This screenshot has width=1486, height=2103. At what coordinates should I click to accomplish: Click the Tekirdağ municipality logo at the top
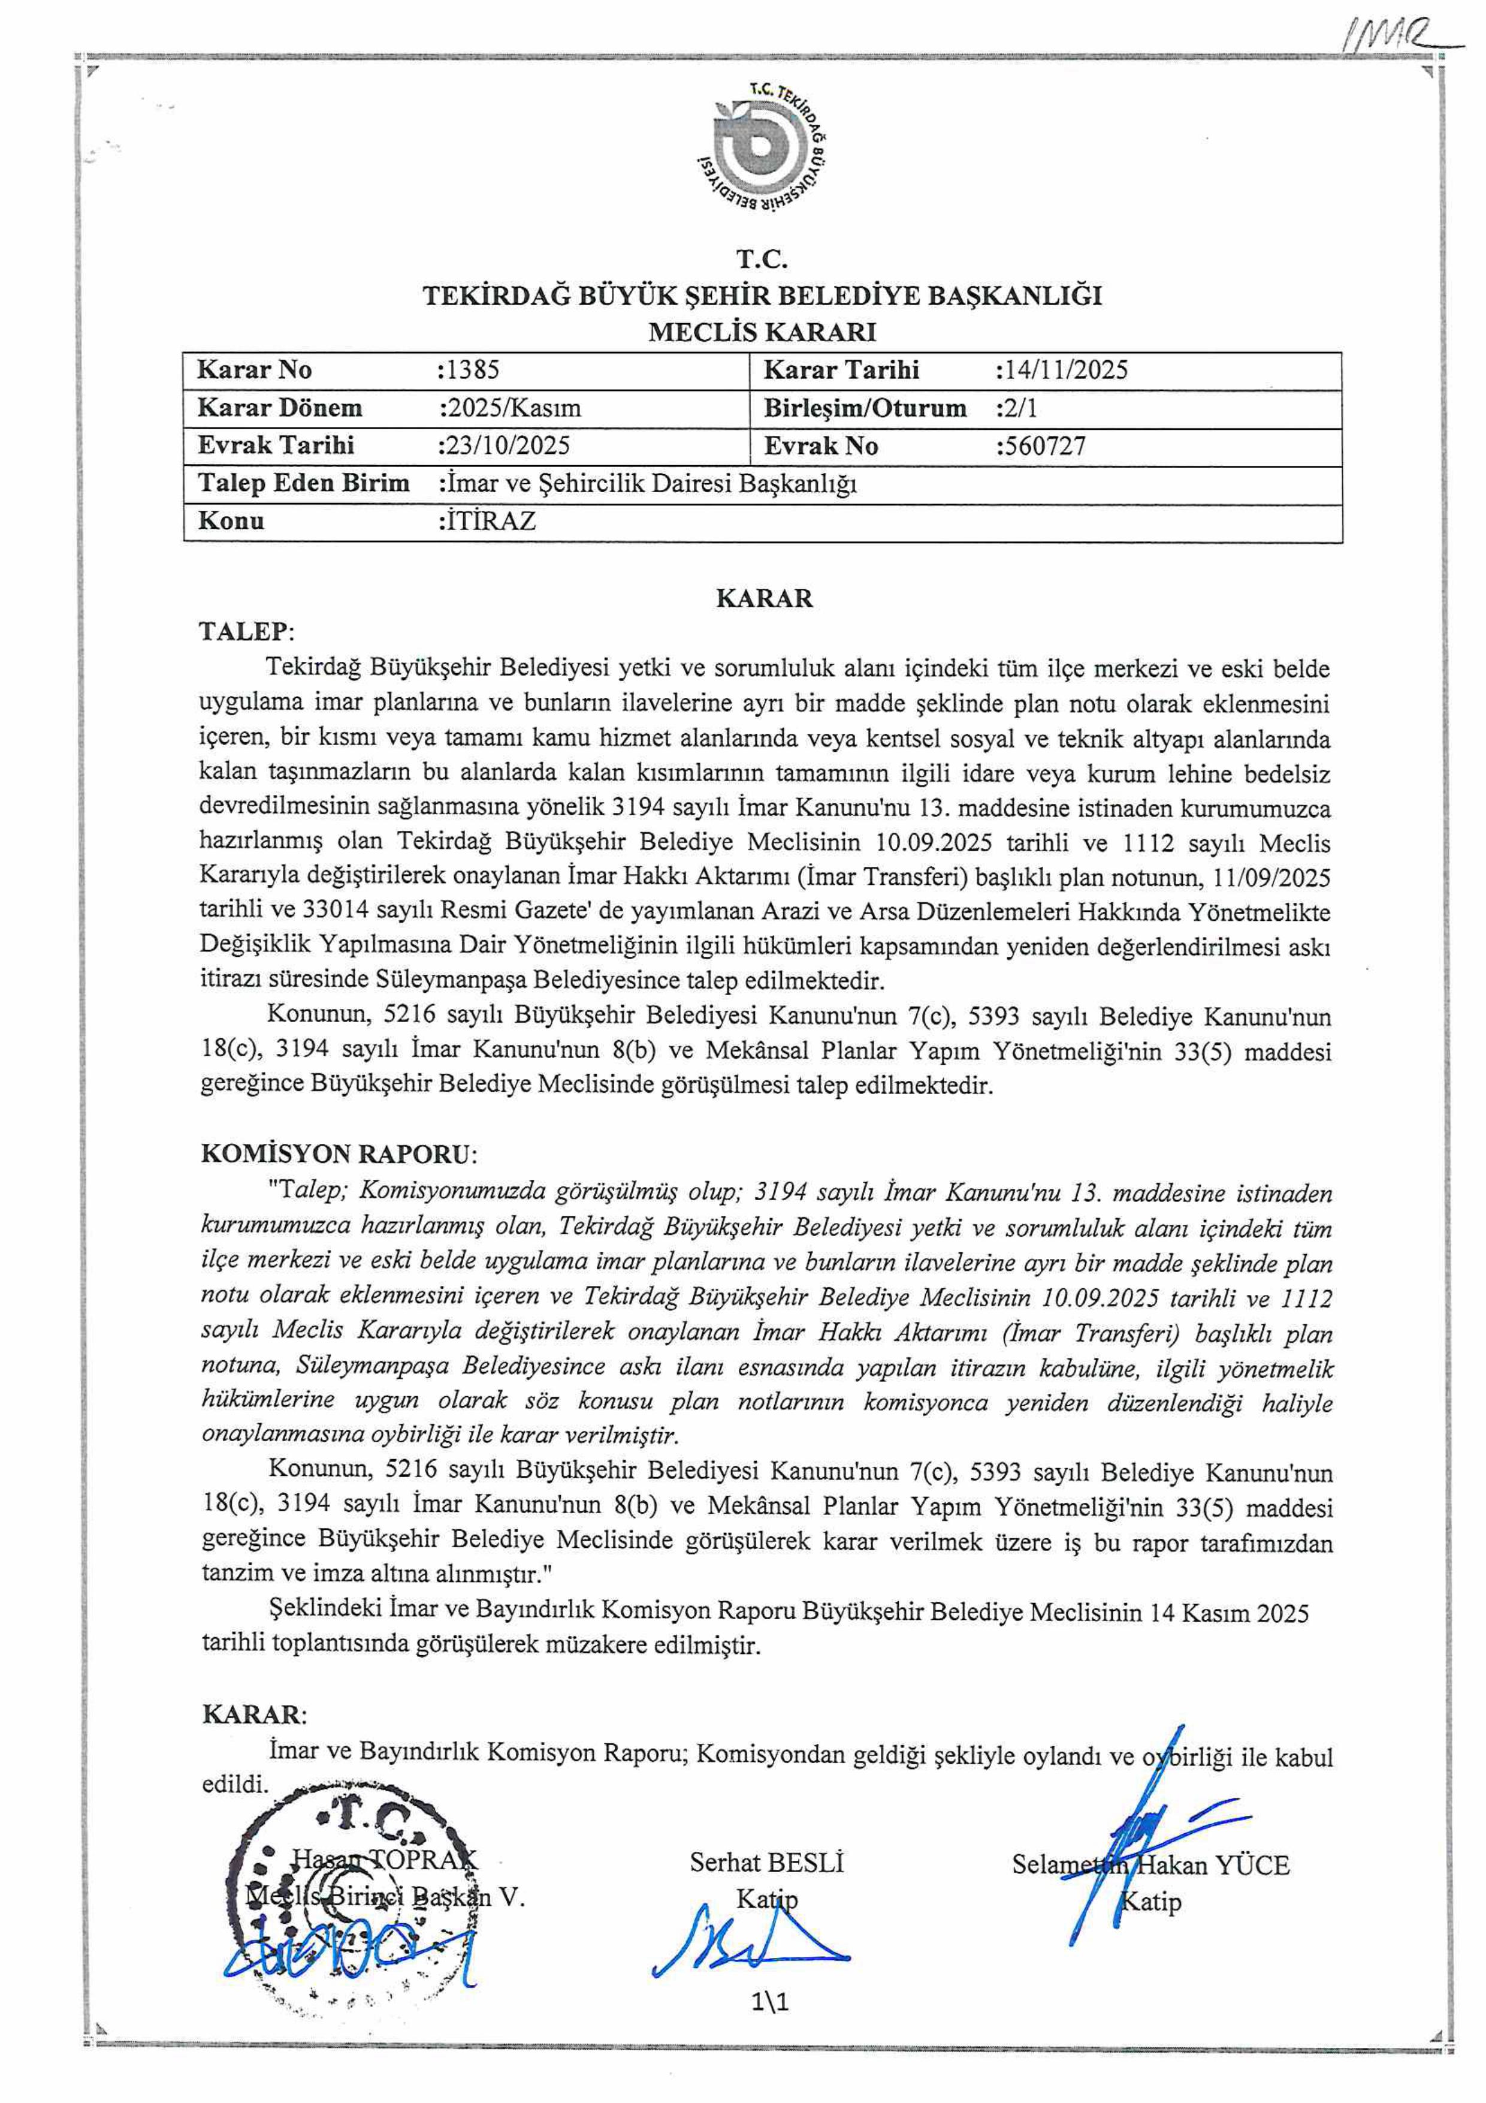[763, 151]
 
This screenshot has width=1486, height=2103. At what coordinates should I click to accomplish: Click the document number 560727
[1043, 446]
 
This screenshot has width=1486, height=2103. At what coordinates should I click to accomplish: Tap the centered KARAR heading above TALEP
[763, 598]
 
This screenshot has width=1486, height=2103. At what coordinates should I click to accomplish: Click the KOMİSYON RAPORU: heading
[339, 1153]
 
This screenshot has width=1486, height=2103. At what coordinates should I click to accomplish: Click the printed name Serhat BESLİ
[766, 1862]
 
